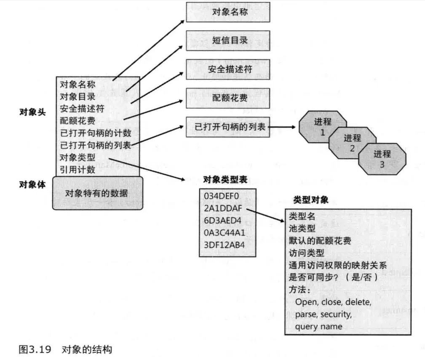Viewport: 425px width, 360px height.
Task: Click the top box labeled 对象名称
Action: click(227, 12)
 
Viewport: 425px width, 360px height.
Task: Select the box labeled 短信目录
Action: click(227, 41)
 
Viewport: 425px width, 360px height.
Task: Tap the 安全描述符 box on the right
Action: click(227, 69)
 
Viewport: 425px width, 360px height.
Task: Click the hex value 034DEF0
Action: click(221, 196)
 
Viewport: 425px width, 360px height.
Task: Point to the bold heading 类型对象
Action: click(311, 200)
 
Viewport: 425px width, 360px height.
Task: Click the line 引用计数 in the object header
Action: click(78, 170)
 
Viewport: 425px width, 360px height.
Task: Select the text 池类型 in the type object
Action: click(302, 229)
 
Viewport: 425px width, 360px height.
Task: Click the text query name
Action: click(318, 326)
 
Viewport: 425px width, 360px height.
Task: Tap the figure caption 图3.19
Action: click(35, 349)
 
